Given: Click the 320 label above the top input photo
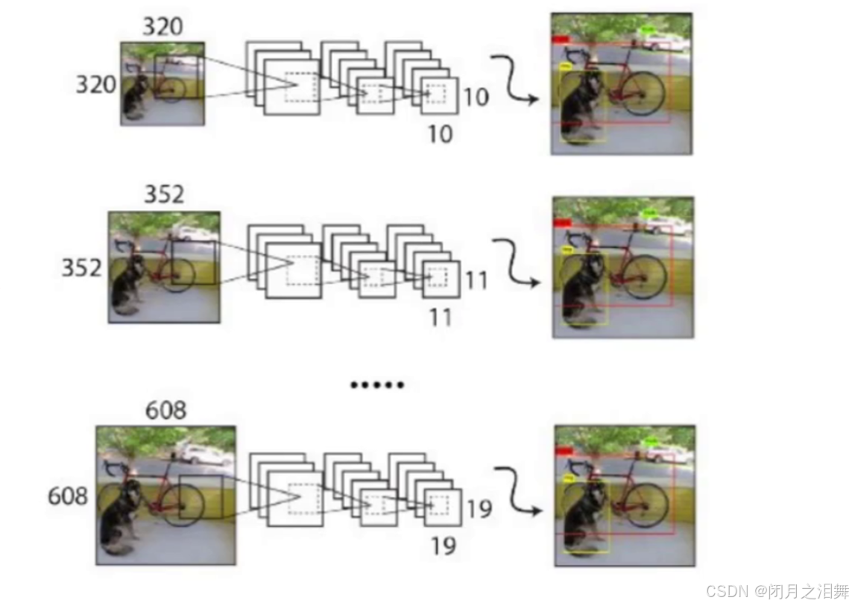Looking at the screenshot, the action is click(x=162, y=27).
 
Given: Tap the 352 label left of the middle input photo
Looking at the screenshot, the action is click(x=81, y=267).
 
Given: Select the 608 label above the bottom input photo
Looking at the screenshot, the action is click(x=166, y=411).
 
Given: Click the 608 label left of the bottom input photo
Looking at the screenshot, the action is click(x=68, y=496).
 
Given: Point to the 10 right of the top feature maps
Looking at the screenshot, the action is click(x=476, y=96).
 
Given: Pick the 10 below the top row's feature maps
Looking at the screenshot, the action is click(x=441, y=134).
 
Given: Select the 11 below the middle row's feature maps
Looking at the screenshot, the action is click(x=441, y=318).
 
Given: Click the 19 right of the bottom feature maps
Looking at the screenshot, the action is click(x=479, y=509).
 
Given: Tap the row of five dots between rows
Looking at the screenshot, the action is click(x=377, y=385).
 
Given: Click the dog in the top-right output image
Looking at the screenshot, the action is click(x=581, y=108).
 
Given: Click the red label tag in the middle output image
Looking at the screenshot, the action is click(x=563, y=223).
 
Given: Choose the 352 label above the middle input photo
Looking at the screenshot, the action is click(x=163, y=195).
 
